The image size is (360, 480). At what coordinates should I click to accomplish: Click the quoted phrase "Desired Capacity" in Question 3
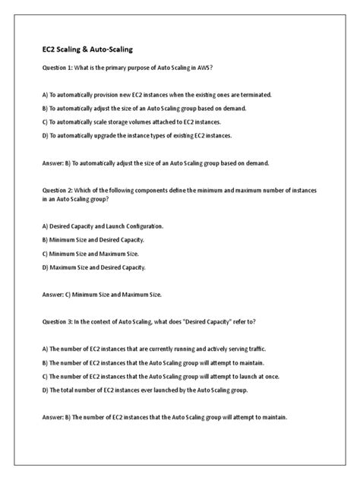(217, 321)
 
